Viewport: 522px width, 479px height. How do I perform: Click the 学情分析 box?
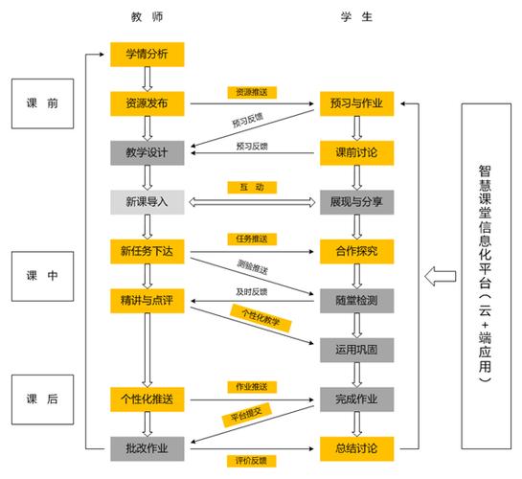(147, 54)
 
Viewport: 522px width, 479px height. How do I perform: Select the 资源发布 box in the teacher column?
(147, 103)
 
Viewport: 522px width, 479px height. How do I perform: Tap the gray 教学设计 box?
(147, 151)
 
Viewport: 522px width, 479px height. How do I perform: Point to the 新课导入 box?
(147, 201)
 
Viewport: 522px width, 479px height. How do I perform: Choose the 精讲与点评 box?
(147, 301)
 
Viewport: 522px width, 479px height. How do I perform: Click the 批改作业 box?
(147, 447)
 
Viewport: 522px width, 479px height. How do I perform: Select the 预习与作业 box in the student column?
(354, 103)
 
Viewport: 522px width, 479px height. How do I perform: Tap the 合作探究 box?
(354, 251)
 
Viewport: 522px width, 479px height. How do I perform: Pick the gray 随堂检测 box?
(354, 301)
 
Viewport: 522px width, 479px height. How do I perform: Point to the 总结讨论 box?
(354, 447)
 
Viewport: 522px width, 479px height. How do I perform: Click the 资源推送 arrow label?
(252, 92)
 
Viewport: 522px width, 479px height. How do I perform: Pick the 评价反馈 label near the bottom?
(252, 460)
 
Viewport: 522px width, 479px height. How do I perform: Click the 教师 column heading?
(147, 17)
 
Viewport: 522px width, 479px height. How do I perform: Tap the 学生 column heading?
(354, 17)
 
